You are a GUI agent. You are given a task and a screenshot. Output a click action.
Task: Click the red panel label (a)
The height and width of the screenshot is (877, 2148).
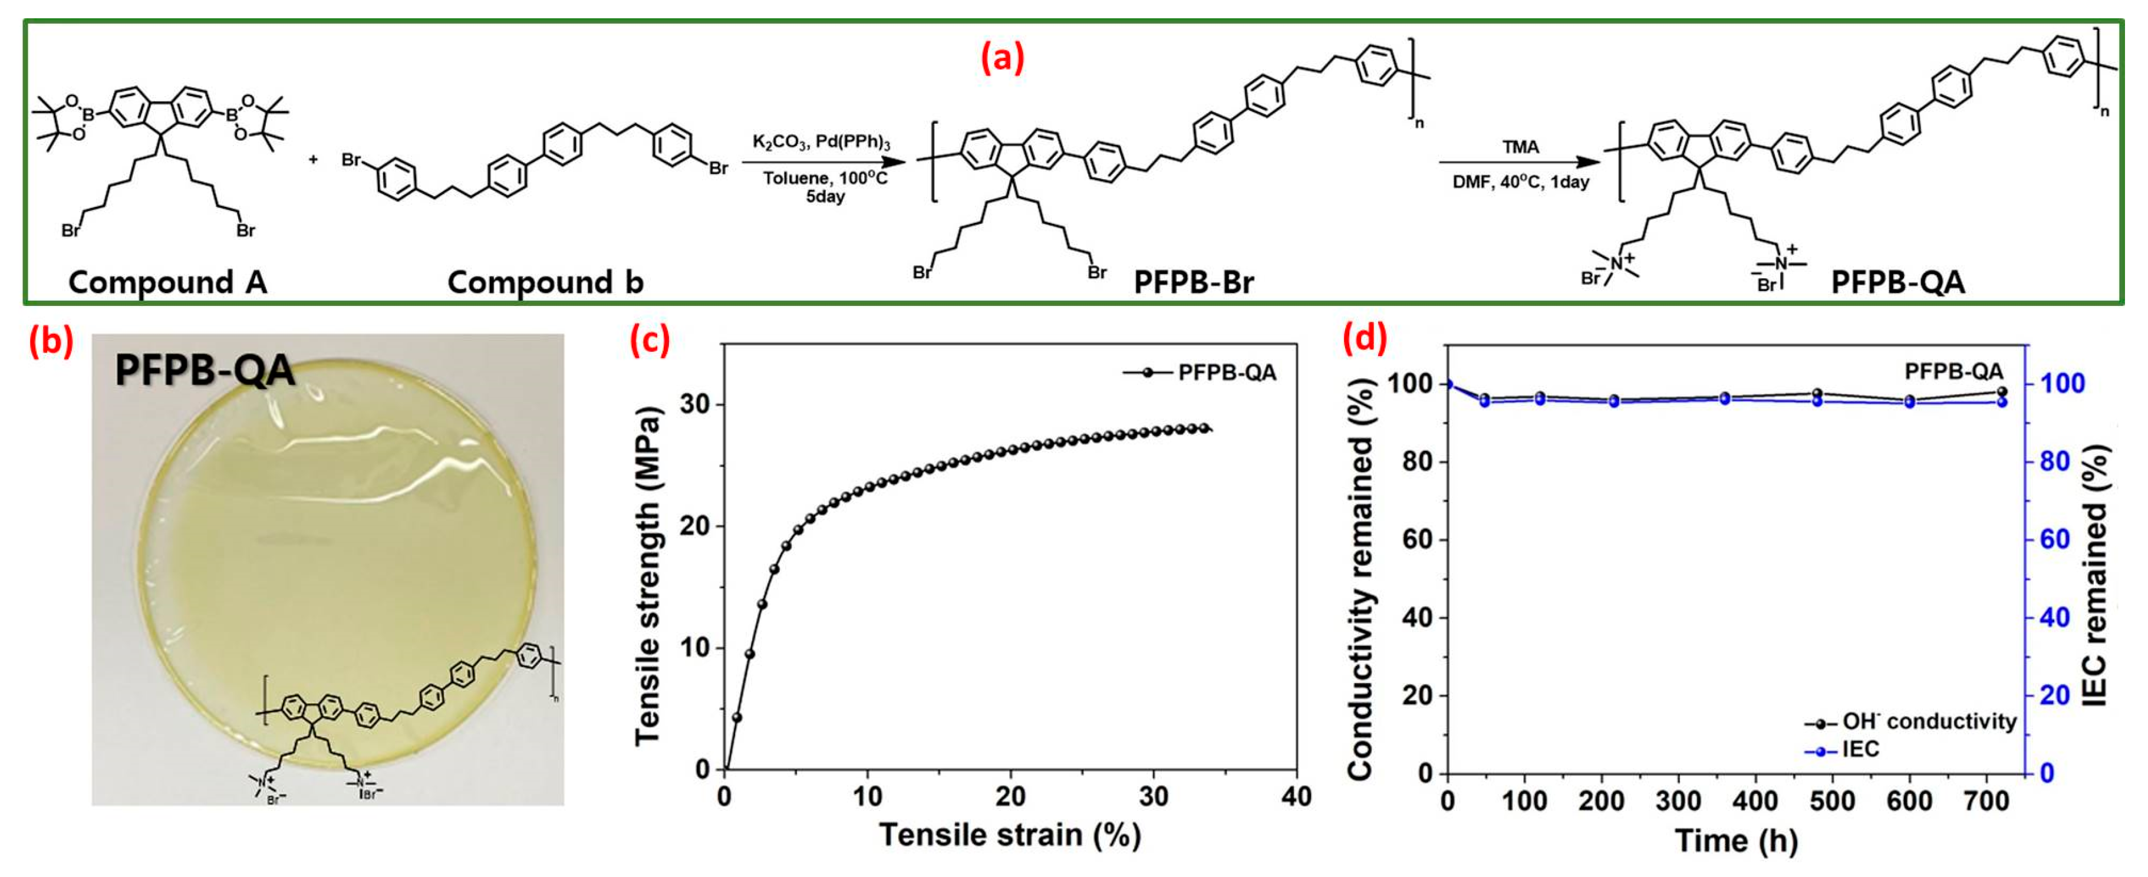pyautogui.click(x=1002, y=59)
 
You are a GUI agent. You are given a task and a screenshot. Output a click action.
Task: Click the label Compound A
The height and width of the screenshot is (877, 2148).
pyautogui.click(x=167, y=282)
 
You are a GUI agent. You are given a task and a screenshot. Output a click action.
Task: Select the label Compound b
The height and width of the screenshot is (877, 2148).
pyautogui.click(x=545, y=282)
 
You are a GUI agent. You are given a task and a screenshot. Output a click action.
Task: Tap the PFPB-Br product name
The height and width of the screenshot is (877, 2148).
pyautogui.click(x=1193, y=282)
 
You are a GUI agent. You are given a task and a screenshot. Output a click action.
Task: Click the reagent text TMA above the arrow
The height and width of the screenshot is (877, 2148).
pyautogui.click(x=1520, y=147)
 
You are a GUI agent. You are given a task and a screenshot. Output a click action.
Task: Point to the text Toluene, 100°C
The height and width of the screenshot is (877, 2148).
pyautogui.click(x=825, y=177)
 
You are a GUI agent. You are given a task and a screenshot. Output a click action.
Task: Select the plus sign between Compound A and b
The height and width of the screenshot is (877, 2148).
pyautogui.click(x=314, y=159)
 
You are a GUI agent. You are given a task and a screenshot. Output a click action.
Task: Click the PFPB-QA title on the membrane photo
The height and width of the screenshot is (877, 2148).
pyautogui.click(x=205, y=370)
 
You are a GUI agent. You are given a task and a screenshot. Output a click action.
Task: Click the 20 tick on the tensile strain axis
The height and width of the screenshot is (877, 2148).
pyautogui.click(x=1010, y=797)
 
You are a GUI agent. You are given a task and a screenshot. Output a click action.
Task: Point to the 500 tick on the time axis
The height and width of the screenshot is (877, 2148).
pyautogui.click(x=1832, y=801)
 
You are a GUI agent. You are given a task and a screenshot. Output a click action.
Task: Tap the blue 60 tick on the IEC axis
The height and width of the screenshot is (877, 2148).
pyautogui.click(x=2049, y=539)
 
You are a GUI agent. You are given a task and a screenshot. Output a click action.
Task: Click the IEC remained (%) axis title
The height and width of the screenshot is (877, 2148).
pyautogui.click(x=2094, y=575)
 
